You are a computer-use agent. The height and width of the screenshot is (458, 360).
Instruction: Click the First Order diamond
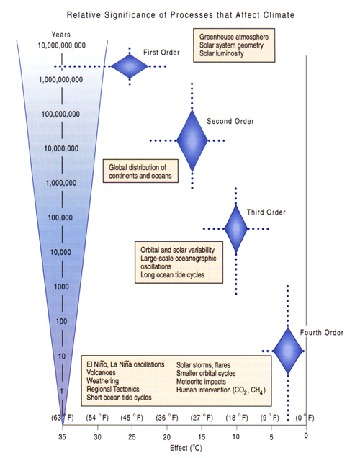(x=130, y=66)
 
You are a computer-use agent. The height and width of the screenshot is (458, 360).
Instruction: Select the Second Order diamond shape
(x=192, y=140)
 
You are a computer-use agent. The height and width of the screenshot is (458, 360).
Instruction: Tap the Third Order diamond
(x=236, y=228)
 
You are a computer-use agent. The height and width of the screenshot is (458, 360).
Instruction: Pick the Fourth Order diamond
(x=288, y=351)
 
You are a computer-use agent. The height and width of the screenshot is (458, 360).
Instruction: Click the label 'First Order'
(x=161, y=53)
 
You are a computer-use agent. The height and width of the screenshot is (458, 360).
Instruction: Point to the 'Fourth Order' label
(x=322, y=333)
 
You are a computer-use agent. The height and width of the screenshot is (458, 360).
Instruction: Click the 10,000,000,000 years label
(x=62, y=45)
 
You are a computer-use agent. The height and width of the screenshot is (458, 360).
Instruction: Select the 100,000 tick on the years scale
(x=60, y=217)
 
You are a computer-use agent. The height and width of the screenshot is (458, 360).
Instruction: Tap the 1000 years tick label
(x=61, y=287)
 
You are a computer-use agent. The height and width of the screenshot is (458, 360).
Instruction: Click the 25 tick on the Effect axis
(x=132, y=436)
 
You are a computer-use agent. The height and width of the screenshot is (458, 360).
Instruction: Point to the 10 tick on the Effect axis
(x=236, y=436)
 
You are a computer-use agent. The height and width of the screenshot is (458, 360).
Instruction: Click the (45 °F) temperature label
(x=132, y=418)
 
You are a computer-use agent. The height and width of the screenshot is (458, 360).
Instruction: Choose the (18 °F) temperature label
(x=237, y=418)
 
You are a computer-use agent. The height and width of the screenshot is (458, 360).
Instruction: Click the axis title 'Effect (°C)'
(x=186, y=448)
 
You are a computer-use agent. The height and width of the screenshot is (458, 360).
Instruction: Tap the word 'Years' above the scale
(x=60, y=35)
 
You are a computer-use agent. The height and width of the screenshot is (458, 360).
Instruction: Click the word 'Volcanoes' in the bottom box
(x=101, y=373)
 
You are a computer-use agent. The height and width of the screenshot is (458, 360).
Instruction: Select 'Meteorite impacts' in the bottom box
(x=201, y=382)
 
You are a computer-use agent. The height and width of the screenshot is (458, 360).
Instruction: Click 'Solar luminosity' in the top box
(x=222, y=53)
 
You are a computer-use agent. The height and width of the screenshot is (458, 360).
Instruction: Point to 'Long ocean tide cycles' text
(x=173, y=275)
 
